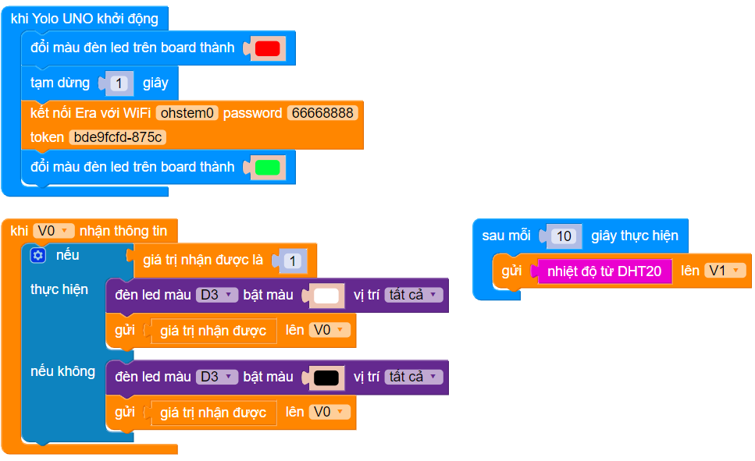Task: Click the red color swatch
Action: click(267, 48)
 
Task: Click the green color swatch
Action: click(267, 167)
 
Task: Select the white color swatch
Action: click(326, 296)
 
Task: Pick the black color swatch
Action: click(326, 378)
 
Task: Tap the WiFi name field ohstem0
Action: click(187, 113)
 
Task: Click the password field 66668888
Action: click(322, 113)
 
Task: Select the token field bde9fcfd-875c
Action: click(118, 137)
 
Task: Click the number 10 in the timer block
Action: click(565, 236)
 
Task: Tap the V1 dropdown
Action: click(725, 271)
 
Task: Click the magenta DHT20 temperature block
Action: click(605, 271)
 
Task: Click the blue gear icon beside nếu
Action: click(38, 255)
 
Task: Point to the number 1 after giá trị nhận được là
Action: click(291, 261)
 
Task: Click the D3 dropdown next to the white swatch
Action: click(216, 295)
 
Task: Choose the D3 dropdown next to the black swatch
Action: click(216, 377)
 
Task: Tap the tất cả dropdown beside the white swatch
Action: click(413, 295)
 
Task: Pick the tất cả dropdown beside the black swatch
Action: click(413, 377)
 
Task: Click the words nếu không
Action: click(62, 371)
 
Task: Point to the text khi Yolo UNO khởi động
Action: click(84, 19)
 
